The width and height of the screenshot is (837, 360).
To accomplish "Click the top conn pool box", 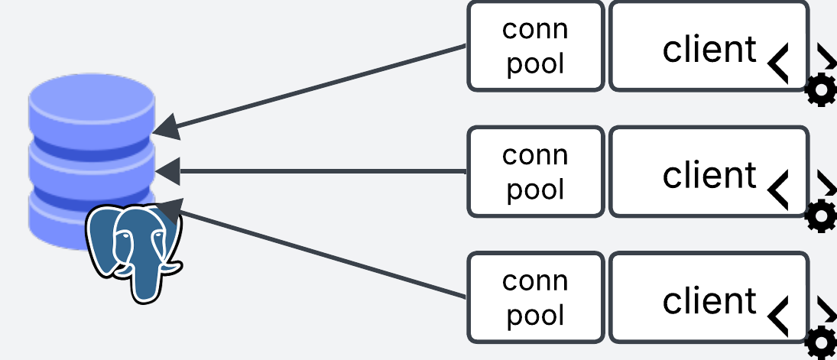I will (x=536, y=46).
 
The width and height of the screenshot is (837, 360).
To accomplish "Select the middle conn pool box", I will (x=536, y=171).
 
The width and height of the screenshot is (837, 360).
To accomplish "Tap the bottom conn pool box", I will (x=536, y=297).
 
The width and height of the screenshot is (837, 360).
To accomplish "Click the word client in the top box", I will (x=709, y=50).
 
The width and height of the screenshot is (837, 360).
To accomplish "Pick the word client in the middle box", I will (x=709, y=175).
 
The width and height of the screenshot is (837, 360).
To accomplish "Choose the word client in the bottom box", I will (x=709, y=300).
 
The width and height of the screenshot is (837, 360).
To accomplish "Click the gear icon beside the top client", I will (x=821, y=91).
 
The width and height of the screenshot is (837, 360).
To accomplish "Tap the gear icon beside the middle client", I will (x=821, y=216).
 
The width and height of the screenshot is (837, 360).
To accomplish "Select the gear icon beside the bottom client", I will (x=822, y=342).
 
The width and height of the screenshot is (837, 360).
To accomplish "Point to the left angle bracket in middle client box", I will (x=778, y=190).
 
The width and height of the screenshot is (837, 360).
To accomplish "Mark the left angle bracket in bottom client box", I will (x=778, y=315).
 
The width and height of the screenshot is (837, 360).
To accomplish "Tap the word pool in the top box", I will (x=535, y=63).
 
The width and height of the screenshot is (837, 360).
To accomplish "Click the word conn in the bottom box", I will (x=535, y=281).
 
